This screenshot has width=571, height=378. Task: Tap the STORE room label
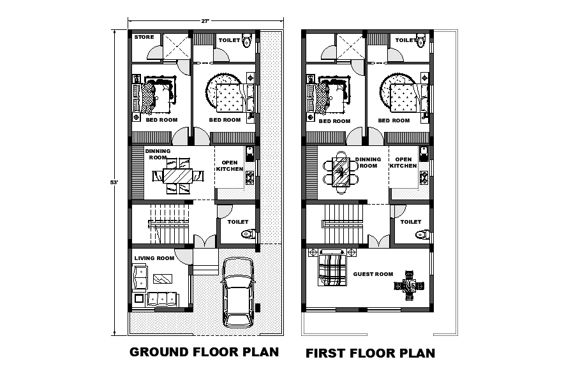pos(144,37)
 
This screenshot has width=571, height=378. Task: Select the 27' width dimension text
pos(205,21)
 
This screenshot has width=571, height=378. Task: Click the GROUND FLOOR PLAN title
pos(204,351)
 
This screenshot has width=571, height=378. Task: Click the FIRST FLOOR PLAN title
pos(370,353)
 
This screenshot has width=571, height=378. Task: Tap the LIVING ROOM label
pos(154,258)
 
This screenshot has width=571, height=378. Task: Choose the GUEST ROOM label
pos(373,274)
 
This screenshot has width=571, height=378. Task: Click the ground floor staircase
pos(170,224)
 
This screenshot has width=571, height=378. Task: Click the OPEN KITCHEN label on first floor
pos(404,163)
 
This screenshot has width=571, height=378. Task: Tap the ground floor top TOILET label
pos(229,41)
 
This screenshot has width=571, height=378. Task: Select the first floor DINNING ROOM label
pos(369,162)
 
